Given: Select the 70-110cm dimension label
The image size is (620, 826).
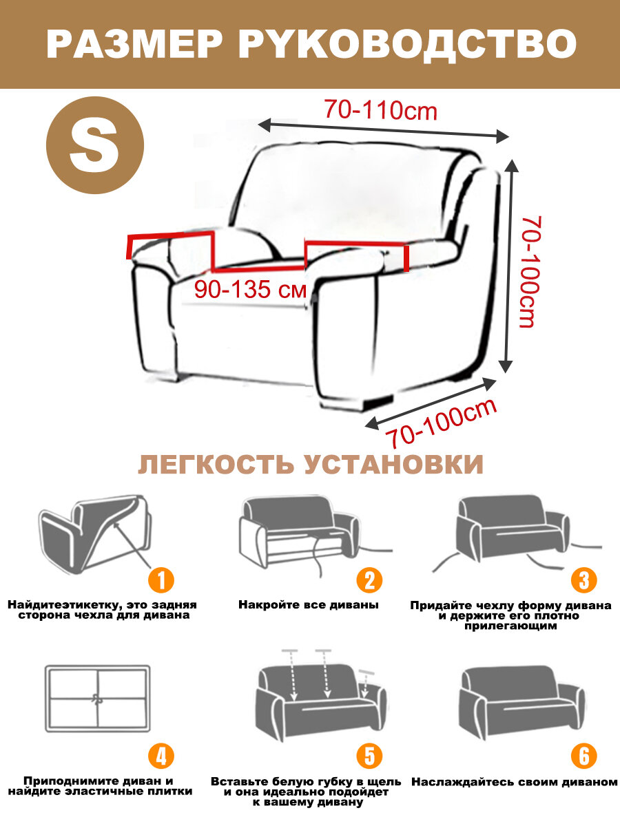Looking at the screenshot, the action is point(381,110).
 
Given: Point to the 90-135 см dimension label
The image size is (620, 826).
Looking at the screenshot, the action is point(250,290).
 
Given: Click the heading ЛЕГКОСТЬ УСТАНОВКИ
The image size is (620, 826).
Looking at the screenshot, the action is point(310,465).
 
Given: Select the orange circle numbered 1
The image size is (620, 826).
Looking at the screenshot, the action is point(161,580).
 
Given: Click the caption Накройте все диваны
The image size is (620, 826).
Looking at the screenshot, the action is point(309,605).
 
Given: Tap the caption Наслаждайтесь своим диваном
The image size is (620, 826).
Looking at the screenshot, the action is point(513,783).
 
